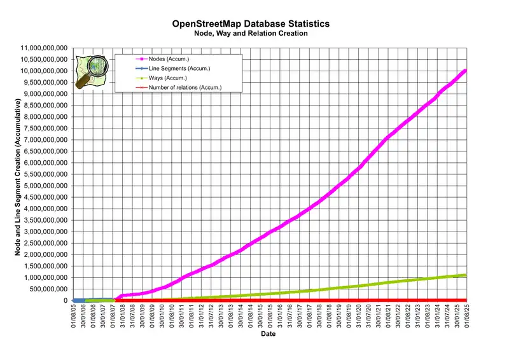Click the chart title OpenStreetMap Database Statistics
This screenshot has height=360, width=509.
[x=251, y=24]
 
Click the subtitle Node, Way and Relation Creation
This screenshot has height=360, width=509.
[x=251, y=33]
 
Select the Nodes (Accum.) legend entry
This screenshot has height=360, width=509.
[x=170, y=59]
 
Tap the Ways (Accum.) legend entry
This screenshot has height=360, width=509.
[x=169, y=78]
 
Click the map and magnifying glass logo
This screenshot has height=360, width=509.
[x=91, y=71]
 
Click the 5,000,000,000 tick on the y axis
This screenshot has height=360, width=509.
[x=44, y=186]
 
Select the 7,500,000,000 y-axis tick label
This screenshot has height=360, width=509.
[x=44, y=128]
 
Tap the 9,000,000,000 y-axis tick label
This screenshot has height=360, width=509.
[x=44, y=94]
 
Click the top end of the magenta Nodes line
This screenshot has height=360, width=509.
[x=465, y=71]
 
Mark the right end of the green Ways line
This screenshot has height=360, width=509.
[x=465, y=275]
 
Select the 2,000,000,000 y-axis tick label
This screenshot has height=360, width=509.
[x=44, y=254]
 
